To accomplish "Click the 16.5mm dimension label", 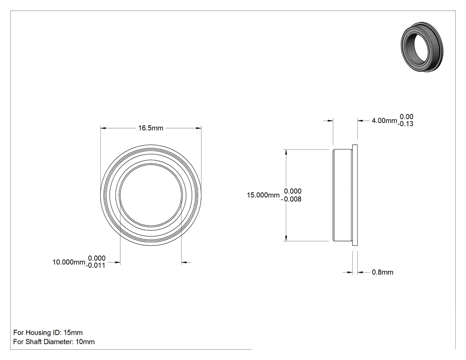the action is click(x=151, y=128).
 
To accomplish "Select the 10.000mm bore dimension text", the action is click(x=69, y=262).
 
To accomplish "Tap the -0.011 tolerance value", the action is click(x=95, y=265).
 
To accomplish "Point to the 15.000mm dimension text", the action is click(x=263, y=195).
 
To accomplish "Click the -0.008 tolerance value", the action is click(x=291, y=199).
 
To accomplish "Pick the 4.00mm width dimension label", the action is click(x=384, y=121).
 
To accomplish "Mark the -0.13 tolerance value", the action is click(x=405, y=124).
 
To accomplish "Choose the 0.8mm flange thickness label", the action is click(x=383, y=272).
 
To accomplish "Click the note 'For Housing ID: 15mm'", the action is click(x=48, y=332).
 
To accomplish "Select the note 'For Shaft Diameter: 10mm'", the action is click(x=54, y=342).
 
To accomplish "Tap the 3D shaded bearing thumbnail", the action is click(x=422, y=47).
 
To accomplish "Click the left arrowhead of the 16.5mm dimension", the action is click(x=103, y=128).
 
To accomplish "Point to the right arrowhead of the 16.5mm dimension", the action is click(x=198, y=128).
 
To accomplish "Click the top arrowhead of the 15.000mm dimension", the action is click(x=286, y=152).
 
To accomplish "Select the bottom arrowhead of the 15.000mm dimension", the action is click(x=286, y=238).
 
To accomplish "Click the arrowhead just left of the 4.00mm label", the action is click(x=360, y=121).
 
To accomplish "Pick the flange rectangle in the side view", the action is click(x=355, y=195).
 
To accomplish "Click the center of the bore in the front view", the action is click(x=151, y=195).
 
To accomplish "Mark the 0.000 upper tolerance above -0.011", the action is click(x=97, y=258).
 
